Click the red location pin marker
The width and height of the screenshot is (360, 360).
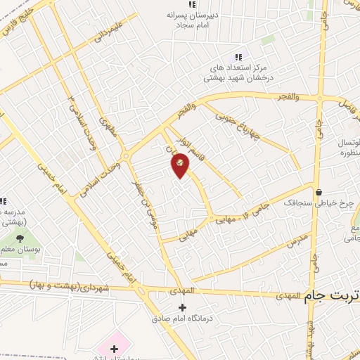(x=181, y=165)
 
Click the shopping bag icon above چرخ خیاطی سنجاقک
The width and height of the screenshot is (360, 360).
(x=319, y=191)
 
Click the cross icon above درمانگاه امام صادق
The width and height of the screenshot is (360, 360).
(x=182, y=307)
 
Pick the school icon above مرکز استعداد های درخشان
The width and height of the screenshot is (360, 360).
(x=238, y=58)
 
